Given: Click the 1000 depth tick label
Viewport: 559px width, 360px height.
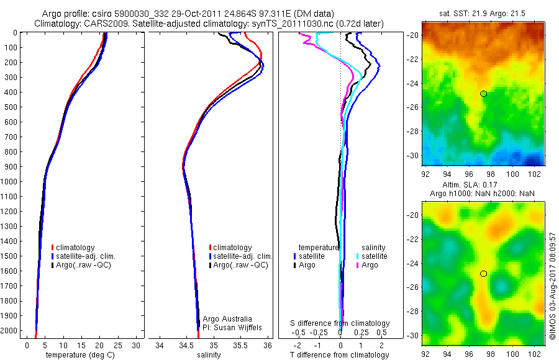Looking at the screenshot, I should pyautogui.click(x=11, y=182).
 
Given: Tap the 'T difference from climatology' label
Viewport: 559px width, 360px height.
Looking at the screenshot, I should pyautogui.click(x=339, y=355).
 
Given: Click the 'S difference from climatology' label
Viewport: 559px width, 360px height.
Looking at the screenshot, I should pyautogui.click(x=340, y=323).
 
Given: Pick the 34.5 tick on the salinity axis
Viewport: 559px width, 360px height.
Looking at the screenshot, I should pyautogui.click(x=186, y=345).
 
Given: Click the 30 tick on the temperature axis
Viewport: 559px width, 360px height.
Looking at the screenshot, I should pyautogui.click(x=137, y=345).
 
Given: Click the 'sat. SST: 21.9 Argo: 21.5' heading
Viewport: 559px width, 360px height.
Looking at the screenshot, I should pyautogui.click(x=483, y=13).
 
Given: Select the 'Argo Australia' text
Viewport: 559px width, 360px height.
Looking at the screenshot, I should pyautogui.click(x=227, y=318).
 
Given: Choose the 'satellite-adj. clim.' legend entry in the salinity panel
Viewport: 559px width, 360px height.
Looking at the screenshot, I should pyautogui.click(x=242, y=256).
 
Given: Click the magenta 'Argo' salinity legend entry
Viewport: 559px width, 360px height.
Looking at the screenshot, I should pyautogui.click(x=370, y=265).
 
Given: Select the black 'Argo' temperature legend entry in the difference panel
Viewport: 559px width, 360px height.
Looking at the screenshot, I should pyautogui.click(x=307, y=265).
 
